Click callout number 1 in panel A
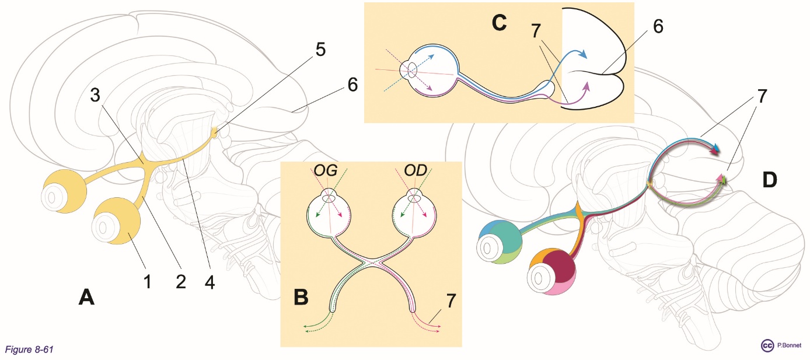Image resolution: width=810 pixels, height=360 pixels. [148, 282]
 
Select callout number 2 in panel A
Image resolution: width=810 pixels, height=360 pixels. [180, 282]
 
